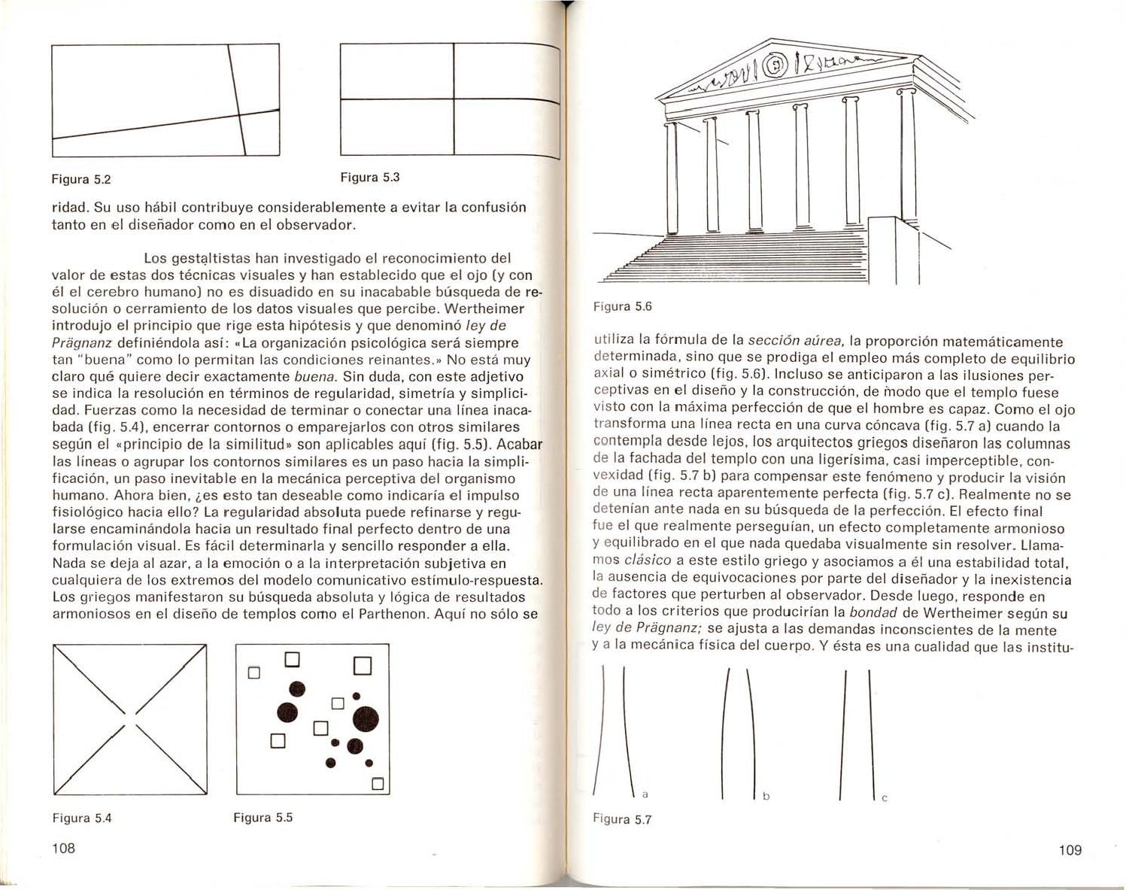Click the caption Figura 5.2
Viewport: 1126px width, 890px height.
pos(80,180)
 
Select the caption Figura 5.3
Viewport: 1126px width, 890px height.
pos(369,178)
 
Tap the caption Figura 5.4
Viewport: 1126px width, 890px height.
pos(82,818)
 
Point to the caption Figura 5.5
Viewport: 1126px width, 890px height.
pos(263,817)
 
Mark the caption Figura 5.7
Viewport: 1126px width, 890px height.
pos(622,819)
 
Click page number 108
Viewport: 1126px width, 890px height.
pos(64,849)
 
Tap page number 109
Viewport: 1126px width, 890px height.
pos(1070,850)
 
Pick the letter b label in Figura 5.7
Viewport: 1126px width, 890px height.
pos(765,795)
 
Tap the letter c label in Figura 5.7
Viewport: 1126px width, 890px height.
pos(885,799)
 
